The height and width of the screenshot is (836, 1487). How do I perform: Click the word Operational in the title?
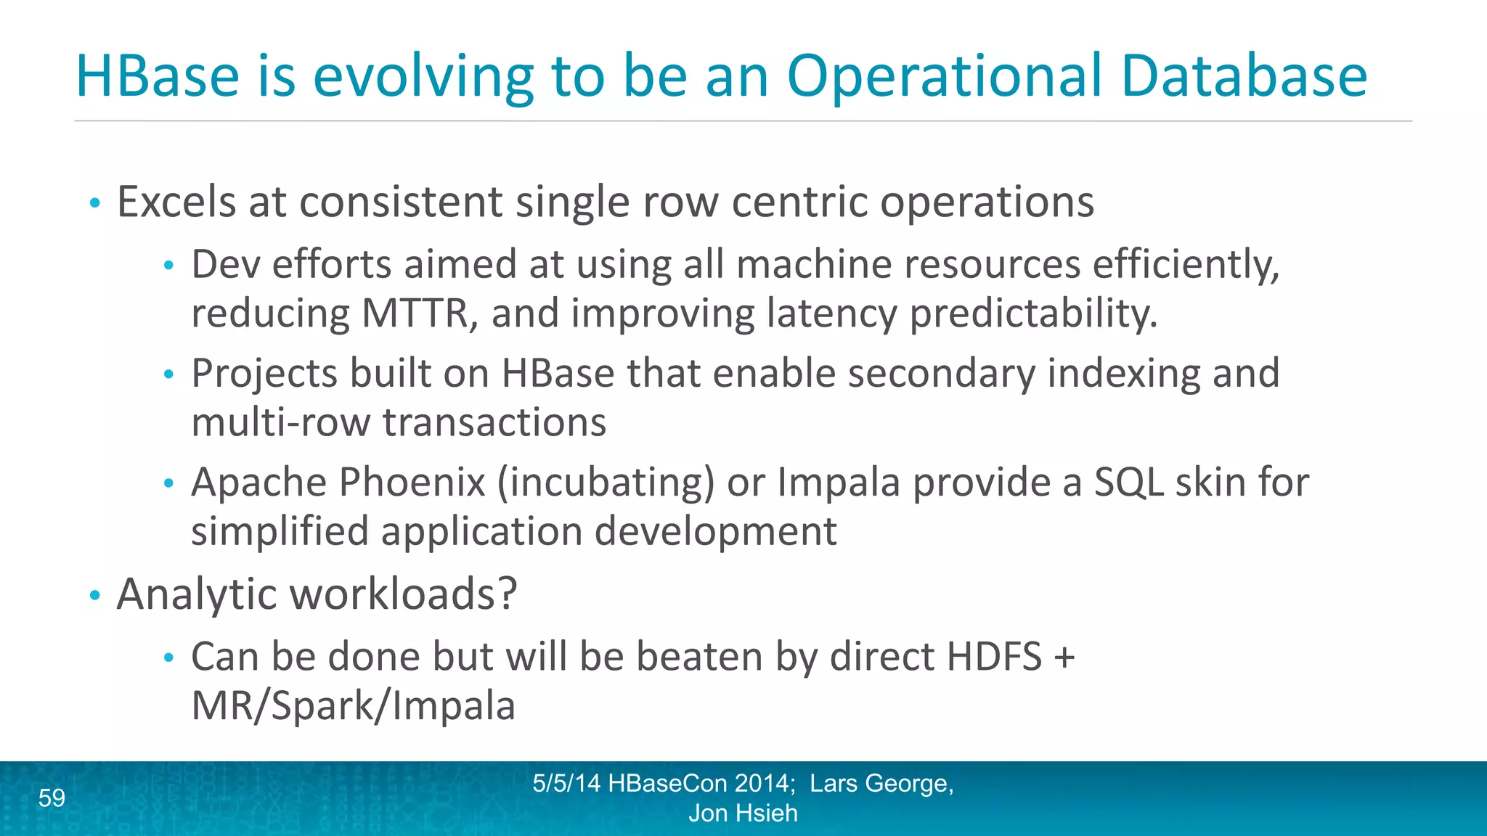[945, 76]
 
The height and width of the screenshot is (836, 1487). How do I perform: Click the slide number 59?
[52, 798]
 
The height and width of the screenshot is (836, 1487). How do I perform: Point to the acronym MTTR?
[420, 313]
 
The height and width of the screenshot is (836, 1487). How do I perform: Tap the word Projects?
[264, 374]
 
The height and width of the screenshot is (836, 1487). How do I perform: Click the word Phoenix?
[412, 482]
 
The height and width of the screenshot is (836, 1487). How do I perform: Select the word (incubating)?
[606, 482]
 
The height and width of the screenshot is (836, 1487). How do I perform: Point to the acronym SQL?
[1128, 482]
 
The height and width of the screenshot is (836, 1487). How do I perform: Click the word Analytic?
[197, 594]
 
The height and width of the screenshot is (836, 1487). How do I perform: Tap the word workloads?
[404, 594]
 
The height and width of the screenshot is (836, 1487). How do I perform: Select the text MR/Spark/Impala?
[353, 705]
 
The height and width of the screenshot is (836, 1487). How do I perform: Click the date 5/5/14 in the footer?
[566, 784]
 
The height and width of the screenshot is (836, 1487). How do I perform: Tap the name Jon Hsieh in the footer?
[743, 814]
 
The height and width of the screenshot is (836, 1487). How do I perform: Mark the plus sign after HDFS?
[1064, 658]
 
